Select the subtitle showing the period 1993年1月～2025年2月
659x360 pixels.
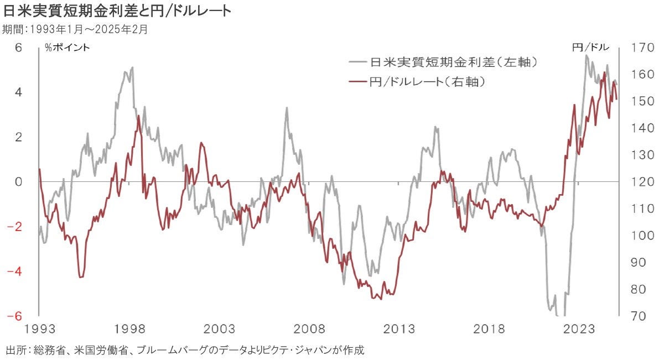click(75, 29)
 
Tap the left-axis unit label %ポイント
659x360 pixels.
click(68, 48)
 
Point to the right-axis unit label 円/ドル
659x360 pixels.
click(589, 48)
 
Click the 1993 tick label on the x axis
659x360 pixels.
click(39, 330)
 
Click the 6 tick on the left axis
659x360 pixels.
click(18, 48)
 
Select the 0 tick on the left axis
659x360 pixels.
click(18, 182)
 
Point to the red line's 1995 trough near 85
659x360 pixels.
click(81, 276)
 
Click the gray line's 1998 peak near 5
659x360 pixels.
click(132, 68)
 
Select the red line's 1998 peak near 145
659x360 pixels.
click(138, 116)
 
